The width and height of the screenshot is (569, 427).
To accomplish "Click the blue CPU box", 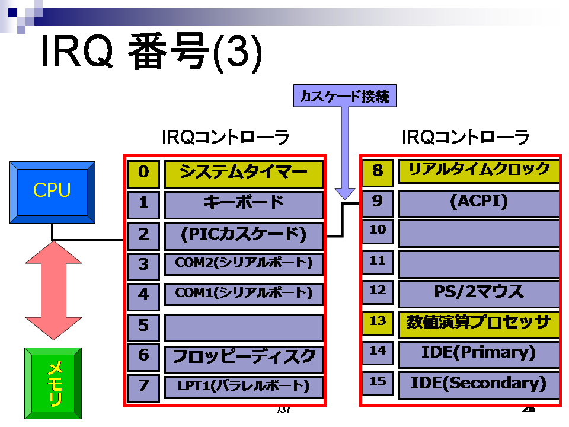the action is (x=52, y=192).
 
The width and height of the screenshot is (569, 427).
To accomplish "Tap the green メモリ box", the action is (x=53, y=384).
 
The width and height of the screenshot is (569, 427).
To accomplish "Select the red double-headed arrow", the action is (x=54, y=291).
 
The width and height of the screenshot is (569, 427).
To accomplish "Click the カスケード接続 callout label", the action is (x=345, y=96).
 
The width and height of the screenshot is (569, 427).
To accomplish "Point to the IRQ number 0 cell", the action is (x=143, y=174).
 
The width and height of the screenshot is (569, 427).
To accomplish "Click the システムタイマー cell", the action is (x=244, y=174).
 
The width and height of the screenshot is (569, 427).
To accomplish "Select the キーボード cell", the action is (x=244, y=205).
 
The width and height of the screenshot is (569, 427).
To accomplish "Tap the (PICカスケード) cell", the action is (x=244, y=237).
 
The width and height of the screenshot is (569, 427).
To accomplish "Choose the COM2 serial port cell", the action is (x=244, y=265).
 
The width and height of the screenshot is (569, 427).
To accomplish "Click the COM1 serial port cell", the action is (x=244, y=295).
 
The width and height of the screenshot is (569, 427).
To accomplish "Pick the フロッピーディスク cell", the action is (x=244, y=359).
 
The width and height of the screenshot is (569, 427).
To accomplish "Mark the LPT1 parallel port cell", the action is (x=244, y=387).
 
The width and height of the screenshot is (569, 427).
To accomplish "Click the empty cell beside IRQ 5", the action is (x=244, y=328).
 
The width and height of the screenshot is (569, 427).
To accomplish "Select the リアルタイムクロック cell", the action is (x=479, y=171).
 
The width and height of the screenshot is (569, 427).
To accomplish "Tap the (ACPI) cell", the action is (x=479, y=203).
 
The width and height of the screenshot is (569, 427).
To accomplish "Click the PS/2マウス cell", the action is (x=479, y=294).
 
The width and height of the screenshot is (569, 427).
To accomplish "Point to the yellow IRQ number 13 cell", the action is (x=378, y=323).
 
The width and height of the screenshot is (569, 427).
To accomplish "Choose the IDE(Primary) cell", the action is (x=479, y=354).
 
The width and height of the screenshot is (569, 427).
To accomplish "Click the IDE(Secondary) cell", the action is (x=479, y=385).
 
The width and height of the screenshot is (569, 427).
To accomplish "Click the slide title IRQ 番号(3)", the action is (x=151, y=52).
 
